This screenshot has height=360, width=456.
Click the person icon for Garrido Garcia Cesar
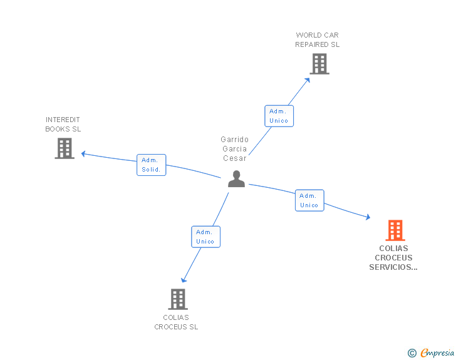point(236,179)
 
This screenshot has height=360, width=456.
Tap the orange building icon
point(395,230)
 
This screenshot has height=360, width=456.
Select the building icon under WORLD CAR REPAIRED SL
point(319,64)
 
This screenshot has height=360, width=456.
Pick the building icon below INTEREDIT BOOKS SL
point(65,148)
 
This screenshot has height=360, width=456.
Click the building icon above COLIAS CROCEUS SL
point(178,299)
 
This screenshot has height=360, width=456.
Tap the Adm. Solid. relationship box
point(151,165)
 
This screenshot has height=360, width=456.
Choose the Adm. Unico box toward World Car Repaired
point(279,116)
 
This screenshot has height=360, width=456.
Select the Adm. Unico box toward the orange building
point(309,200)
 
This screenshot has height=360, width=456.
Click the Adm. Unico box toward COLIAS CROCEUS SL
point(205,237)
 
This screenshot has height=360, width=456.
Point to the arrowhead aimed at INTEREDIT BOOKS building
point(83,154)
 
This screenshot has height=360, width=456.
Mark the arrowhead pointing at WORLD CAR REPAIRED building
point(308,80)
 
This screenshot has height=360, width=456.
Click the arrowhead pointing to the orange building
point(368,217)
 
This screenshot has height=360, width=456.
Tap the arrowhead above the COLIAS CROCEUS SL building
point(184,280)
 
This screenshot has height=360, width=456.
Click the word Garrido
point(234,139)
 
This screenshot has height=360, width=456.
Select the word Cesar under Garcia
point(235,158)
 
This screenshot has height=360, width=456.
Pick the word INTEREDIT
point(63,120)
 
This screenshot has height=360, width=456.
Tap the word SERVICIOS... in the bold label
point(393,267)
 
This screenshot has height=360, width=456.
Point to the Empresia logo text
point(437,352)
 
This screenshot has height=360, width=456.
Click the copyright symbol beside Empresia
point(412,353)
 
